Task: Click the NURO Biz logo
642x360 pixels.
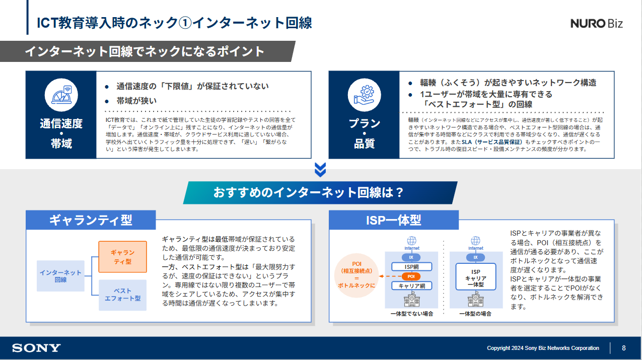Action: [x=597, y=24]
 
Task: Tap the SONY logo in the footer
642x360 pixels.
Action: [x=36, y=348]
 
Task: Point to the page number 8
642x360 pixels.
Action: [x=624, y=348]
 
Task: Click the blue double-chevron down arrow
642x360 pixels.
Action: [x=320, y=170]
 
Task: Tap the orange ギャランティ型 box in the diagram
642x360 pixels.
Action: [x=122, y=257]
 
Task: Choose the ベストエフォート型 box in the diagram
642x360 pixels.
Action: [x=122, y=295]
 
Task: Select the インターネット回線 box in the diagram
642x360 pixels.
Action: [x=60, y=276]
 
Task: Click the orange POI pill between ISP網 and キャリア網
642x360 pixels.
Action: [x=411, y=276]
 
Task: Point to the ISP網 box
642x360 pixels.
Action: [x=411, y=267]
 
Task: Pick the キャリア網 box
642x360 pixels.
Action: [x=411, y=286]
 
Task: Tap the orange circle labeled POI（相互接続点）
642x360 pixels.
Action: [x=356, y=276]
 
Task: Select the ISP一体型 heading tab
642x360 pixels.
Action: [x=394, y=220]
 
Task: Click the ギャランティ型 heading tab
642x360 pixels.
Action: [x=91, y=220]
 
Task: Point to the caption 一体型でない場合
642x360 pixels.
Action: [x=411, y=314]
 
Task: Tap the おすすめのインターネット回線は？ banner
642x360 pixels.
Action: [x=320, y=192]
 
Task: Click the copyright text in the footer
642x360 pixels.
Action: [x=543, y=348]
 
